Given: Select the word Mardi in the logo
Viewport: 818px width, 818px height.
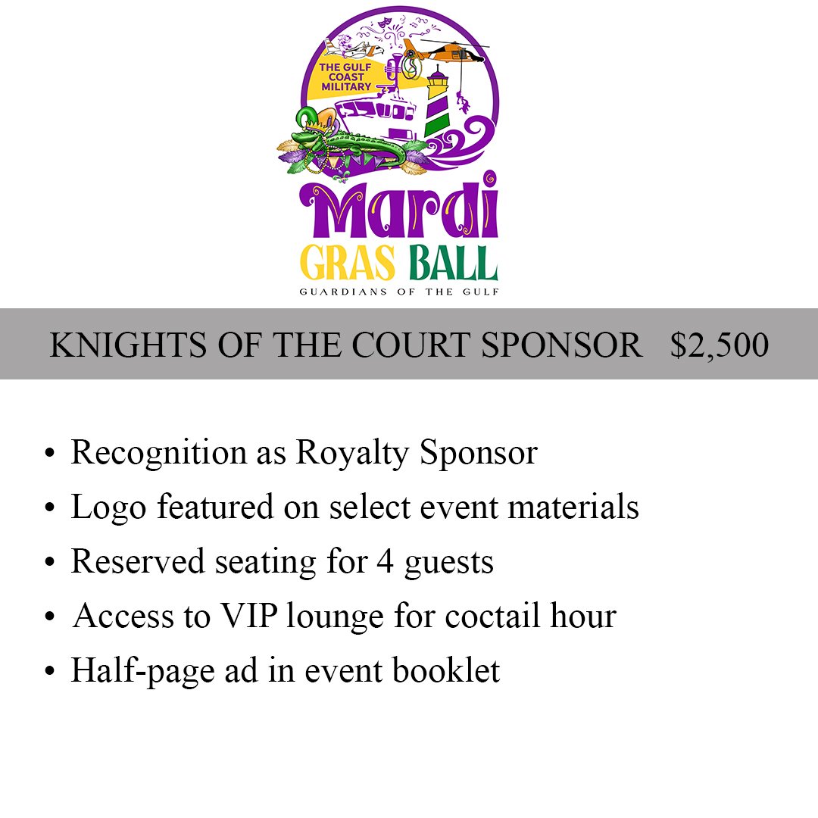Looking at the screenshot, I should click(x=399, y=209).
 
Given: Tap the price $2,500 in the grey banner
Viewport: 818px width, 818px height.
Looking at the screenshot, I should click(x=719, y=345).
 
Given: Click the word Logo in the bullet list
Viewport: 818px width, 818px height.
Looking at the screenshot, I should click(x=108, y=507).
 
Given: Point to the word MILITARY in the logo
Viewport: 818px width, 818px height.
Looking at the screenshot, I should click(x=345, y=86).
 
